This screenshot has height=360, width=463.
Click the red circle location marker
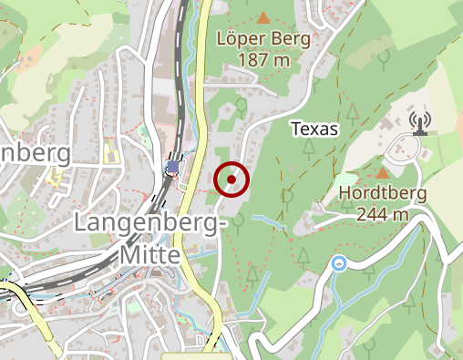pos(231,180)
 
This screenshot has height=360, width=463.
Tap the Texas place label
pos(314,129)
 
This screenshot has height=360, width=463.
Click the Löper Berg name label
pos(264,40)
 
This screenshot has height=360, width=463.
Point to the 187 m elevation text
pos(264,60)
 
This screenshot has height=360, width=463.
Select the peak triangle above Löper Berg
pos(264,17)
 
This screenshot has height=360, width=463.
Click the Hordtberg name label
pos(384,193)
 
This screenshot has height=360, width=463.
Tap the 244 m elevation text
pos(384,214)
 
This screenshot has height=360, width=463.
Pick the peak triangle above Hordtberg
pos(384,171)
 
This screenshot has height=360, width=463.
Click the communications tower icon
pos(419,121)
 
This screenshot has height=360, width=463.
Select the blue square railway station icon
pos(172,167)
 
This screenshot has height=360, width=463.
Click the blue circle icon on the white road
pos(339,264)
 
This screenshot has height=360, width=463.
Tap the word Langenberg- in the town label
pos(147,223)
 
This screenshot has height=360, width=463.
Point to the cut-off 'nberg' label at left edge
pos(35,152)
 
